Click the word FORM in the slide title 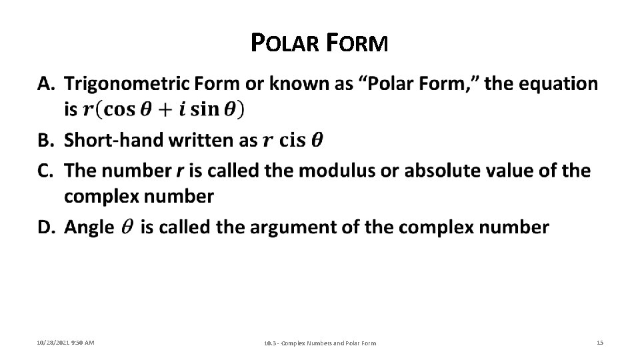click(358, 44)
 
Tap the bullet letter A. click(46, 84)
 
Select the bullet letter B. click(46, 140)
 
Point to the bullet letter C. click(46, 171)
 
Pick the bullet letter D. click(46, 227)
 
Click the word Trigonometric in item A click(126, 84)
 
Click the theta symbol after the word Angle click(127, 228)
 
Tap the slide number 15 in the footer click(599, 343)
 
